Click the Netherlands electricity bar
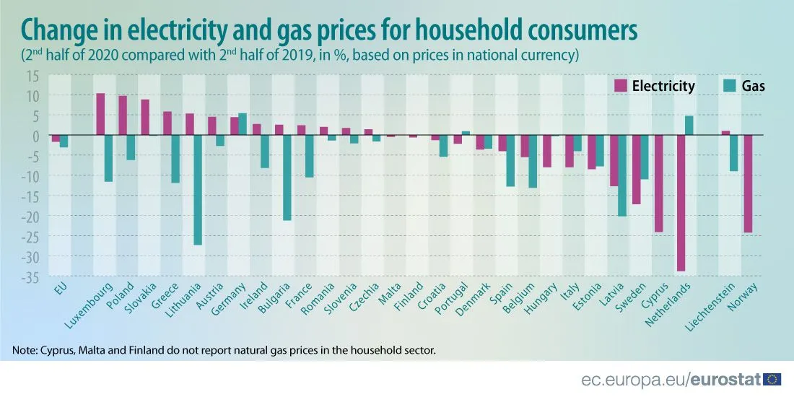pyautogui.click(x=680, y=203)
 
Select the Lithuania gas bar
pyautogui.click(x=198, y=190)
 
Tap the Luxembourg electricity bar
pyautogui.click(x=100, y=114)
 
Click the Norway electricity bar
pyautogui.click(x=748, y=183)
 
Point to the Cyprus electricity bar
pyautogui.click(x=658, y=183)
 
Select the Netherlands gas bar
pyautogui.click(x=689, y=126)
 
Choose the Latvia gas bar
pyautogui.click(x=621, y=175)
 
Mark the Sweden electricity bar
pyautogui.click(x=636, y=170)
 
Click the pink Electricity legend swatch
pyautogui.click(x=620, y=86)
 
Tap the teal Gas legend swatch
pyautogui.click(x=730, y=86)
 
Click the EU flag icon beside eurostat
pyautogui.click(x=772, y=378)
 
